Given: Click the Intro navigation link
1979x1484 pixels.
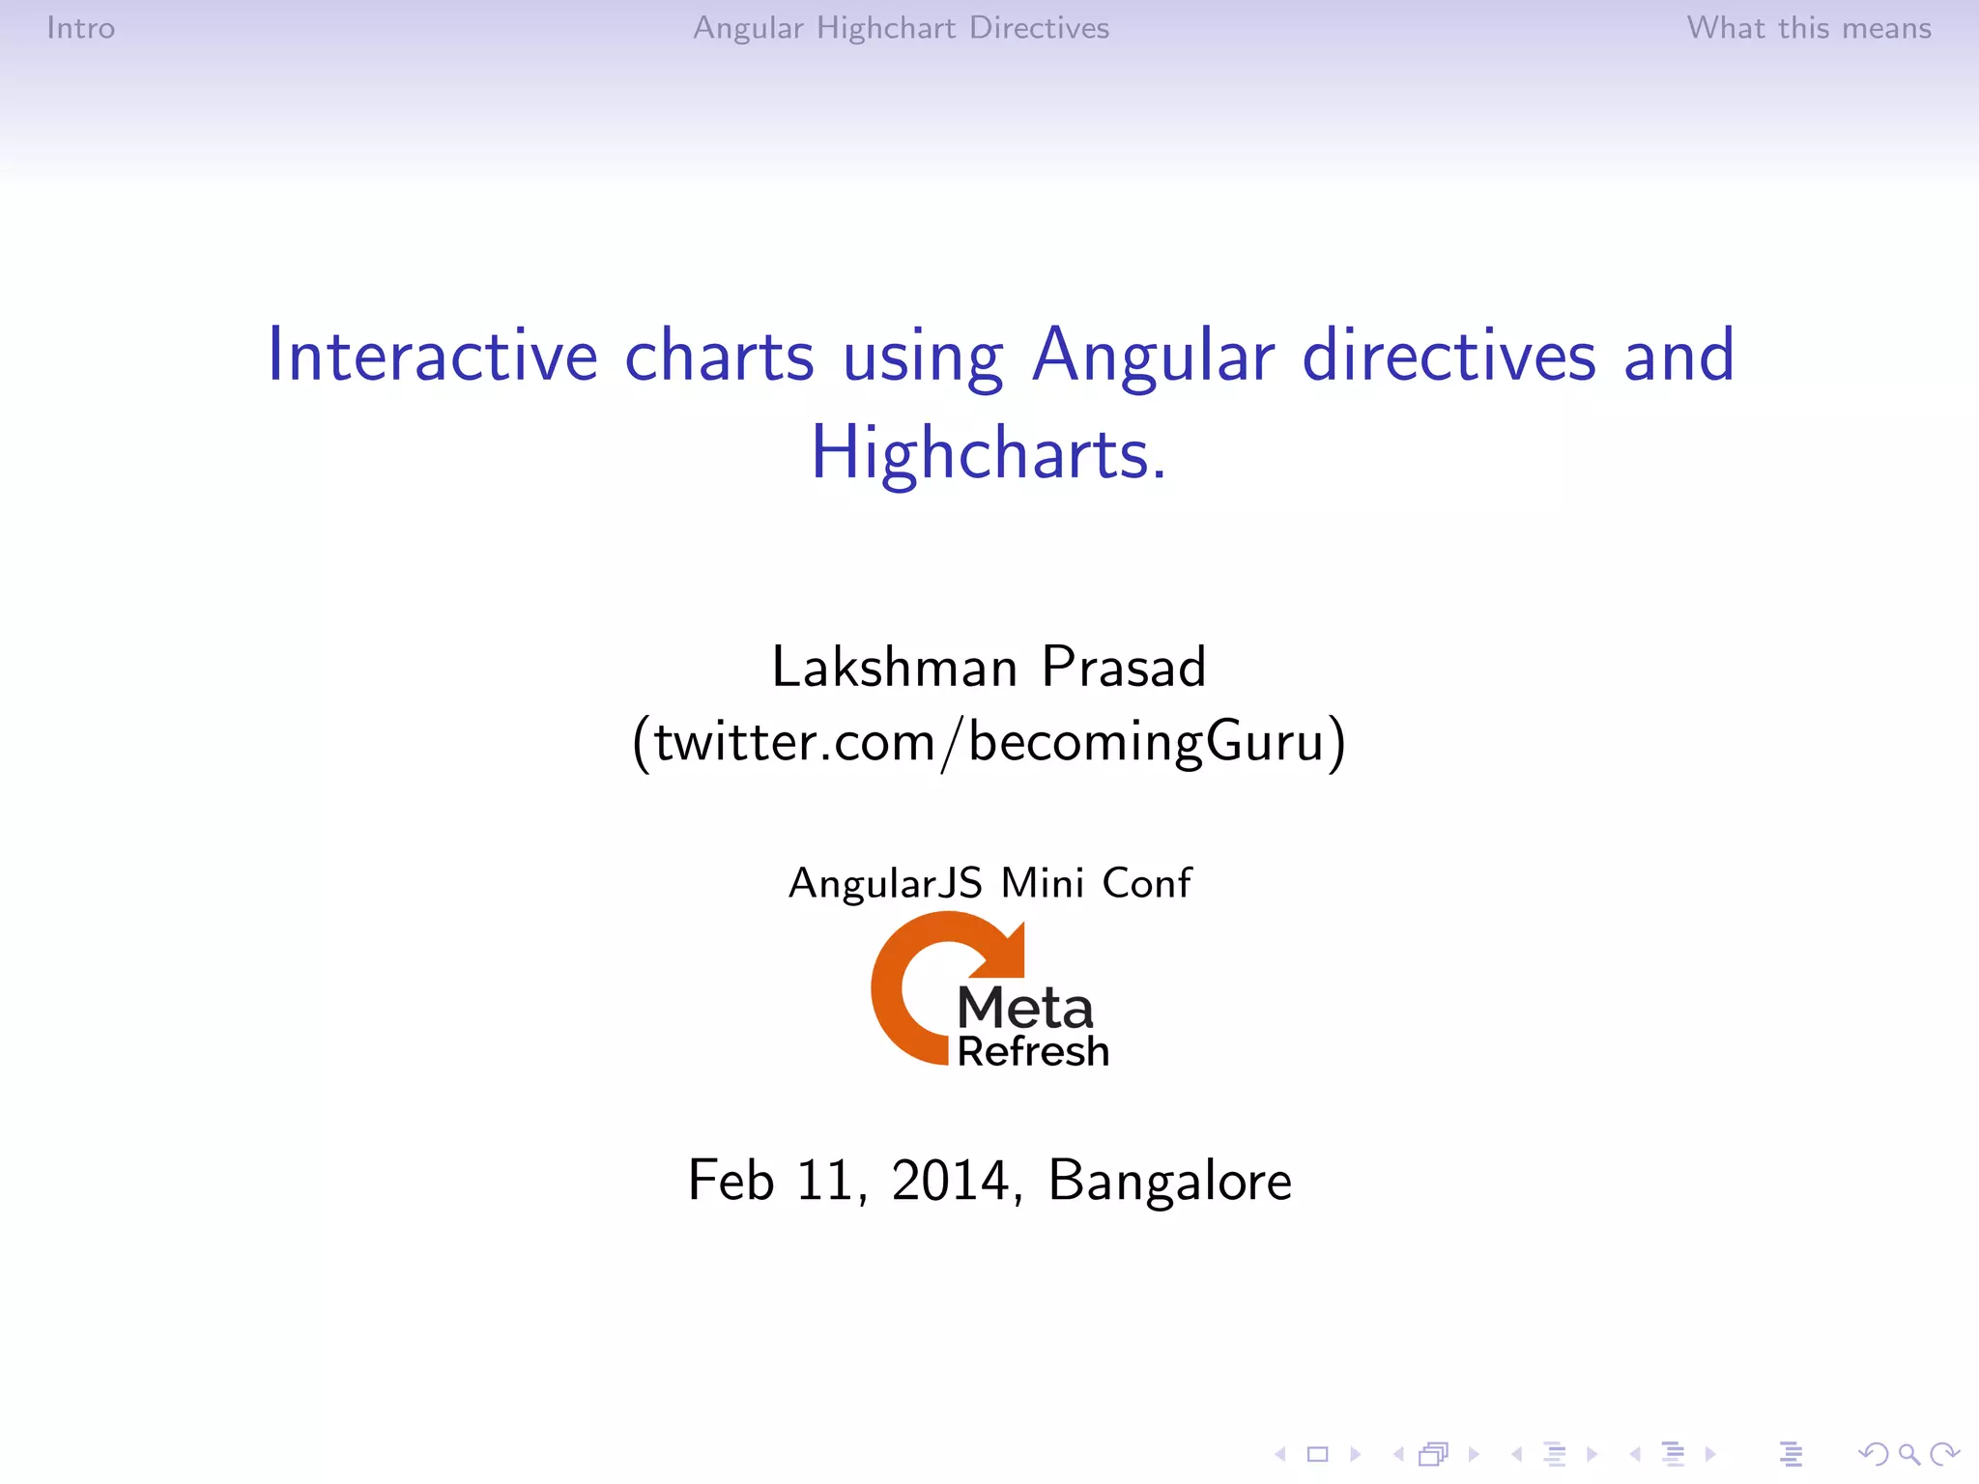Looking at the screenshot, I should [x=81, y=28].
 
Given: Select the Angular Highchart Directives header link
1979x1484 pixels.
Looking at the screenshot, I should [x=901, y=28].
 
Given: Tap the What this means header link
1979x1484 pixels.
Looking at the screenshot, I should [x=1808, y=28].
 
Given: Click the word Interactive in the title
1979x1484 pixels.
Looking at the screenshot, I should [x=432, y=357].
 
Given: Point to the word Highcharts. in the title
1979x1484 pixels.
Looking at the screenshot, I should [x=989, y=454].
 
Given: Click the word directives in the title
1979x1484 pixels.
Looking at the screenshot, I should [x=1448, y=357].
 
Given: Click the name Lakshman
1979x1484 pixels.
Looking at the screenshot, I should [x=894, y=668].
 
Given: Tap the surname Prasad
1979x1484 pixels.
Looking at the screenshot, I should [x=1124, y=668].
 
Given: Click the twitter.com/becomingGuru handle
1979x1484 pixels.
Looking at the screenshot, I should [x=989, y=743].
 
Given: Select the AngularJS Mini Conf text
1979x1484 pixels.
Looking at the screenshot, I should [x=989, y=883].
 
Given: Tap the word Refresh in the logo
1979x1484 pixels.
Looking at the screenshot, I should [x=1033, y=1051].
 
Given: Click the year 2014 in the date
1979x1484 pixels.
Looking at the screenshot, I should [x=950, y=1181].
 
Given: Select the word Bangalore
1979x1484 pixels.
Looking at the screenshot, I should [x=1169, y=1181].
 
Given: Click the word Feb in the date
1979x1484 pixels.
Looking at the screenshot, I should [x=731, y=1181].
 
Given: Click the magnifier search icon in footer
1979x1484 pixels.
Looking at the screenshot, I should [x=1908, y=1454].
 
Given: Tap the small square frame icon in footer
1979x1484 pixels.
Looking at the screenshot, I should [x=1318, y=1454].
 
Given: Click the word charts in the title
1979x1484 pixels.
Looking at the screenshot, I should [x=719, y=357].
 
